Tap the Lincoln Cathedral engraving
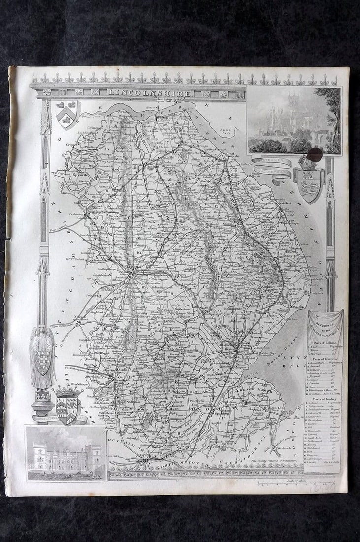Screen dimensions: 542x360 294,121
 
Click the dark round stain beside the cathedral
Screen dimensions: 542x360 315,155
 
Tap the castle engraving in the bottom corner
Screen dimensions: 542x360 65,454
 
